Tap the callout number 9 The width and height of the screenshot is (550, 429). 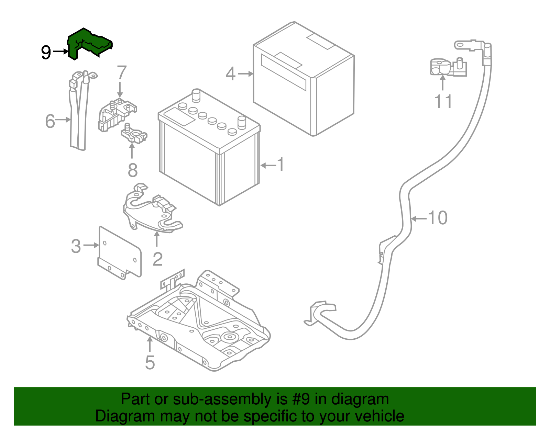tap(46, 52)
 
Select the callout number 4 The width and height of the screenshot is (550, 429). tap(231, 74)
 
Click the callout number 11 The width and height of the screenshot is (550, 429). tap(443, 101)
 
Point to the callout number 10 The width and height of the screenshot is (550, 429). tap(438, 218)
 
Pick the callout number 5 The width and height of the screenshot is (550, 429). tap(150, 362)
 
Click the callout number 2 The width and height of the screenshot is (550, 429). tap(157, 259)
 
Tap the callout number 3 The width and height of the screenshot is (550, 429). tap(76, 246)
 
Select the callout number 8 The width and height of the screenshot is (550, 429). tap(133, 170)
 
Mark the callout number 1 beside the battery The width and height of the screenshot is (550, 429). tap(281, 165)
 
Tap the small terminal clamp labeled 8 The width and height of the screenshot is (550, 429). tap(134, 135)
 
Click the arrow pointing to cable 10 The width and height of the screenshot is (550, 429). tap(419, 218)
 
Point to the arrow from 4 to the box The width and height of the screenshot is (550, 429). tap(245, 74)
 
